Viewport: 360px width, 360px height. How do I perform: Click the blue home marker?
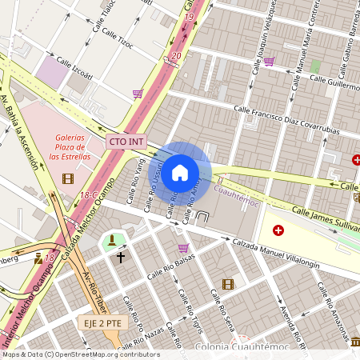pyautogui.click(x=180, y=173)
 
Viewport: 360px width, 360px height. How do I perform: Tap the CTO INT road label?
pyautogui.click(x=126, y=142)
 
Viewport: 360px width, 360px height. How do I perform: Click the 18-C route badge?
pyautogui.click(x=88, y=195)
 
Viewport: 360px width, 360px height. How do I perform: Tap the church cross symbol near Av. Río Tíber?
pyautogui.click(x=121, y=258)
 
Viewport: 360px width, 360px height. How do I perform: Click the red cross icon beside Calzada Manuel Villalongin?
pyautogui.click(x=278, y=230)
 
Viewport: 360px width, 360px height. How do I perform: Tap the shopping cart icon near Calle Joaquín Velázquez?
pyautogui.click(x=269, y=61)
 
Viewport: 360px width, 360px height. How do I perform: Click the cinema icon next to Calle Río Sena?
pyautogui.click(x=228, y=284)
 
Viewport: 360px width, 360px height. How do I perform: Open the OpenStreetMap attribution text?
pyautogui.click(x=80, y=354)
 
